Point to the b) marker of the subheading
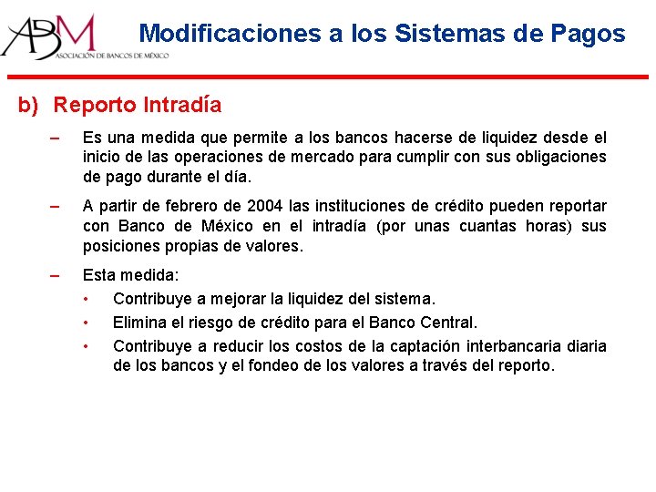pyautogui.click(x=29, y=106)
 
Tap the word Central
pyautogui.click(x=448, y=322)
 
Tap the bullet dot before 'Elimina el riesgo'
pyautogui.click(x=86, y=322)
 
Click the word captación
pyautogui.click(x=427, y=345)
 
